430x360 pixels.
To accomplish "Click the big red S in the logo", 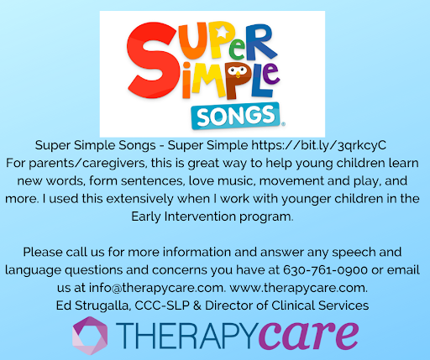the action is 151,60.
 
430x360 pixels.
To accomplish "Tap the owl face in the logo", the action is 238,70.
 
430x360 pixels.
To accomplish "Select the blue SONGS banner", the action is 236,116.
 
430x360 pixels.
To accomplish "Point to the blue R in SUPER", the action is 261,42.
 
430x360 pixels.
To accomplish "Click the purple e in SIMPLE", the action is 270,74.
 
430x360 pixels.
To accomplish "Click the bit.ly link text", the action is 318,145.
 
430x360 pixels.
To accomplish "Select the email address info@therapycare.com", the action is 157,288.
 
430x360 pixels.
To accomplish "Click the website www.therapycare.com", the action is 298,288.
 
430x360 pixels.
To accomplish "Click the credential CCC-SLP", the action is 162,305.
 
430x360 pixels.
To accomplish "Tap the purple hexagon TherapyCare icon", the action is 90,336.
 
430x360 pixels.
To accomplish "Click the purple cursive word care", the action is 308,335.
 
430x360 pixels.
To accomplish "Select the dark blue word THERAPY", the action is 186,336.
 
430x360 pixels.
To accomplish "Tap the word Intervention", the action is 200,217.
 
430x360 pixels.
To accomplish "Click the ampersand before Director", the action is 197,305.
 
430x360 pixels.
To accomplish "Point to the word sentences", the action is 153,181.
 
